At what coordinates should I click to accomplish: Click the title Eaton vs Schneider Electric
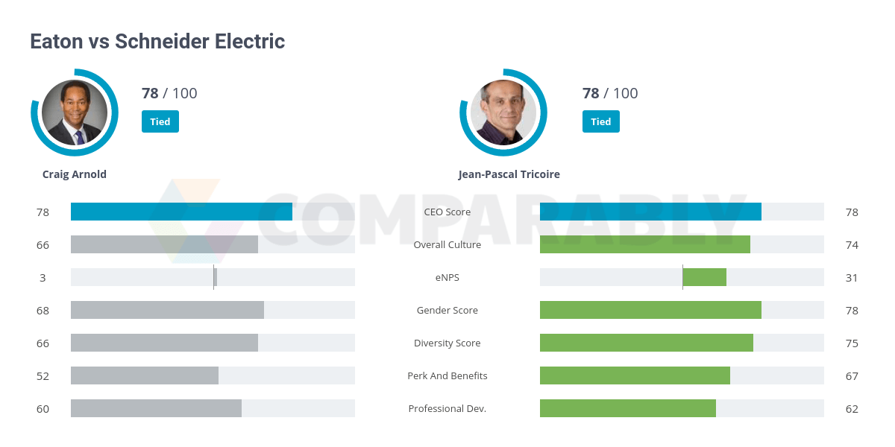(x=157, y=41)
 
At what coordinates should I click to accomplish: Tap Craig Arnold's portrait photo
(x=75, y=112)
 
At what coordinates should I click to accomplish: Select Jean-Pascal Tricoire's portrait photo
(x=503, y=112)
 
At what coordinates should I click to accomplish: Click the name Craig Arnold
(x=75, y=174)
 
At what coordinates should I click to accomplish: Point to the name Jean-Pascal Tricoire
(x=509, y=174)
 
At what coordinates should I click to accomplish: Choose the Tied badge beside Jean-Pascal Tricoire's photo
(x=600, y=121)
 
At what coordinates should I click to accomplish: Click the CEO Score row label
(x=447, y=212)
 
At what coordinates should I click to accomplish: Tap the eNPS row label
(x=447, y=278)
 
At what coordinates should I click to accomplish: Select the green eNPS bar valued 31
(x=704, y=277)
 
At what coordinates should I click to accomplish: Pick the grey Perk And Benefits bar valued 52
(x=145, y=375)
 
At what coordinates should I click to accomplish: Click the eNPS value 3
(x=43, y=278)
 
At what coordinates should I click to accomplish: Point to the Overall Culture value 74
(x=852, y=245)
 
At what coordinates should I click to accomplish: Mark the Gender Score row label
(x=447, y=311)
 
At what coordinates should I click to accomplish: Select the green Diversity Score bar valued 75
(x=646, y=343)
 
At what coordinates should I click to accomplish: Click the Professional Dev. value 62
(x=852, y=409)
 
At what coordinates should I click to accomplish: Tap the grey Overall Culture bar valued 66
(x=164, y=244)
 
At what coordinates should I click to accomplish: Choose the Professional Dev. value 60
(x=43, y=409)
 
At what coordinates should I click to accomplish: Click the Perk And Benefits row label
(x=447, y=376)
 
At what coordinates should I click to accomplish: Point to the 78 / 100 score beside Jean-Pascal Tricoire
(x=610, y=93)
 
